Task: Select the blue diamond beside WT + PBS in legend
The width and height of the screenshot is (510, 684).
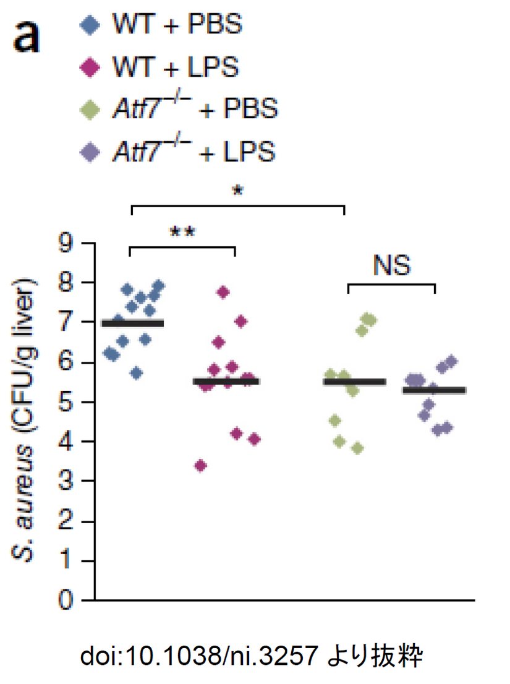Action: point(91,27)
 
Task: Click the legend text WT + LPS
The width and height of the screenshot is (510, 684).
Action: point(174,67)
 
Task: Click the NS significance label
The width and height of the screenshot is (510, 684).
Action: point(391,266)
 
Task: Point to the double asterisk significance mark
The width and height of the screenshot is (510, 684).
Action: point(182,233)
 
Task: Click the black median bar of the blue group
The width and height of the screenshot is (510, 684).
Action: point(132,323)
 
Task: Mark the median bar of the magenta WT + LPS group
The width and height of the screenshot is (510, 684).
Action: point(226,382)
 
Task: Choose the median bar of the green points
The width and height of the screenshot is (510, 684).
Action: point(354,382)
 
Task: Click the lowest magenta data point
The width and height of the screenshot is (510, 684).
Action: point(200,466)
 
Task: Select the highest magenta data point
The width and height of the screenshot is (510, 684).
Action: point(223,292)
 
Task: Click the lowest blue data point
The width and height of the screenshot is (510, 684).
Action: point(137,372)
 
